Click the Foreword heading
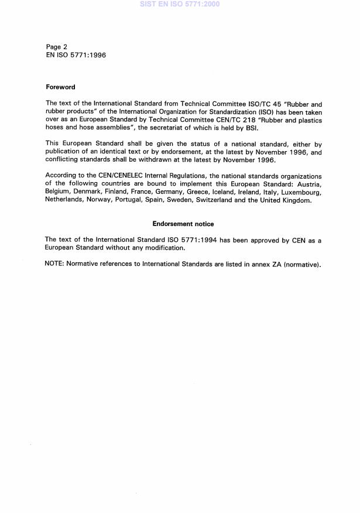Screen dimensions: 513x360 pyautogui.click(x=60, y=87)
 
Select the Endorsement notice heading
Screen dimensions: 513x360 pyautogui.click(x=183, y=224)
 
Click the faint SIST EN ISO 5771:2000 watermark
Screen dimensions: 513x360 pyautogui.click(x=180, y=4)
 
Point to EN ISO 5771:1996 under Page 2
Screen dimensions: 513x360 pyautogui.click(x=76, y=55)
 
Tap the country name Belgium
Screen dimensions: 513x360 pyautogui.click(x=57, y=192)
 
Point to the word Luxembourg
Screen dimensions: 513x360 pyautogui.click(x=301, y=192)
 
